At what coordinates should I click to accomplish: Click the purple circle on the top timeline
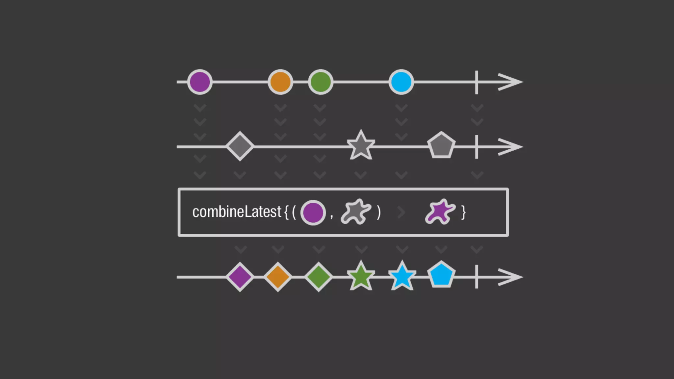click(200, 82)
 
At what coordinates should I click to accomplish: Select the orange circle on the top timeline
click(280, 82)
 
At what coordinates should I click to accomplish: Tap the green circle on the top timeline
click(321, 82)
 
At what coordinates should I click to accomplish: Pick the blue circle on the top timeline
click(401, 82)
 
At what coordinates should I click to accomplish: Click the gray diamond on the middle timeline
click(240, 146)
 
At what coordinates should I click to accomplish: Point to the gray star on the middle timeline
click(361, 146)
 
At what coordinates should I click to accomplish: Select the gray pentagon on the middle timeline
click(441, 145)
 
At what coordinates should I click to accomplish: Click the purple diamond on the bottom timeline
click(240, 277)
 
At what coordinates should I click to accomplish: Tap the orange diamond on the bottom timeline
click(278, 277)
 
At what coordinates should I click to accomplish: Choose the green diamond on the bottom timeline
click(319, 277)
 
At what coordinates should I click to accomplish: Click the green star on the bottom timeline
click(361, 277)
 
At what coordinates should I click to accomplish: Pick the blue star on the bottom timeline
click(402, 277)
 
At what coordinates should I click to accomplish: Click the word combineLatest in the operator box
click(237, 212)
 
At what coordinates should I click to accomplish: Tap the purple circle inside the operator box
click(313, 213)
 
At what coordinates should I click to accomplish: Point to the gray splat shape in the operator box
click(356, 212)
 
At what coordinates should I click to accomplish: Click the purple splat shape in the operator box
click(440, 212)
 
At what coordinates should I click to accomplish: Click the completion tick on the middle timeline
click(477, 147)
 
